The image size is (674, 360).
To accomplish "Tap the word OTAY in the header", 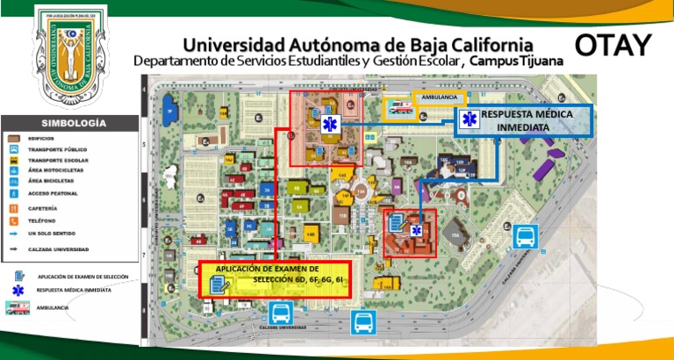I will [614, 44].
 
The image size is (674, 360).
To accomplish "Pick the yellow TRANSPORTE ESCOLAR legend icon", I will [15, 161].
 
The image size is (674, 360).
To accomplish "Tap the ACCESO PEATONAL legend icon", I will [15, 192].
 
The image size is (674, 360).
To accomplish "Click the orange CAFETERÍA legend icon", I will [15, 209].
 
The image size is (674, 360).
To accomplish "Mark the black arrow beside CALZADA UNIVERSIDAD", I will [15, 249].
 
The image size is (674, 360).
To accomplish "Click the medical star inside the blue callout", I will [469, 120].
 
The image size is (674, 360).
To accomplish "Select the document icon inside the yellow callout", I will [219, 283].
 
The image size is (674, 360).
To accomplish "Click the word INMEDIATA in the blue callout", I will [525, 127].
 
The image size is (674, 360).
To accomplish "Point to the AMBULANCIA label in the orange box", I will [438, 96].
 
